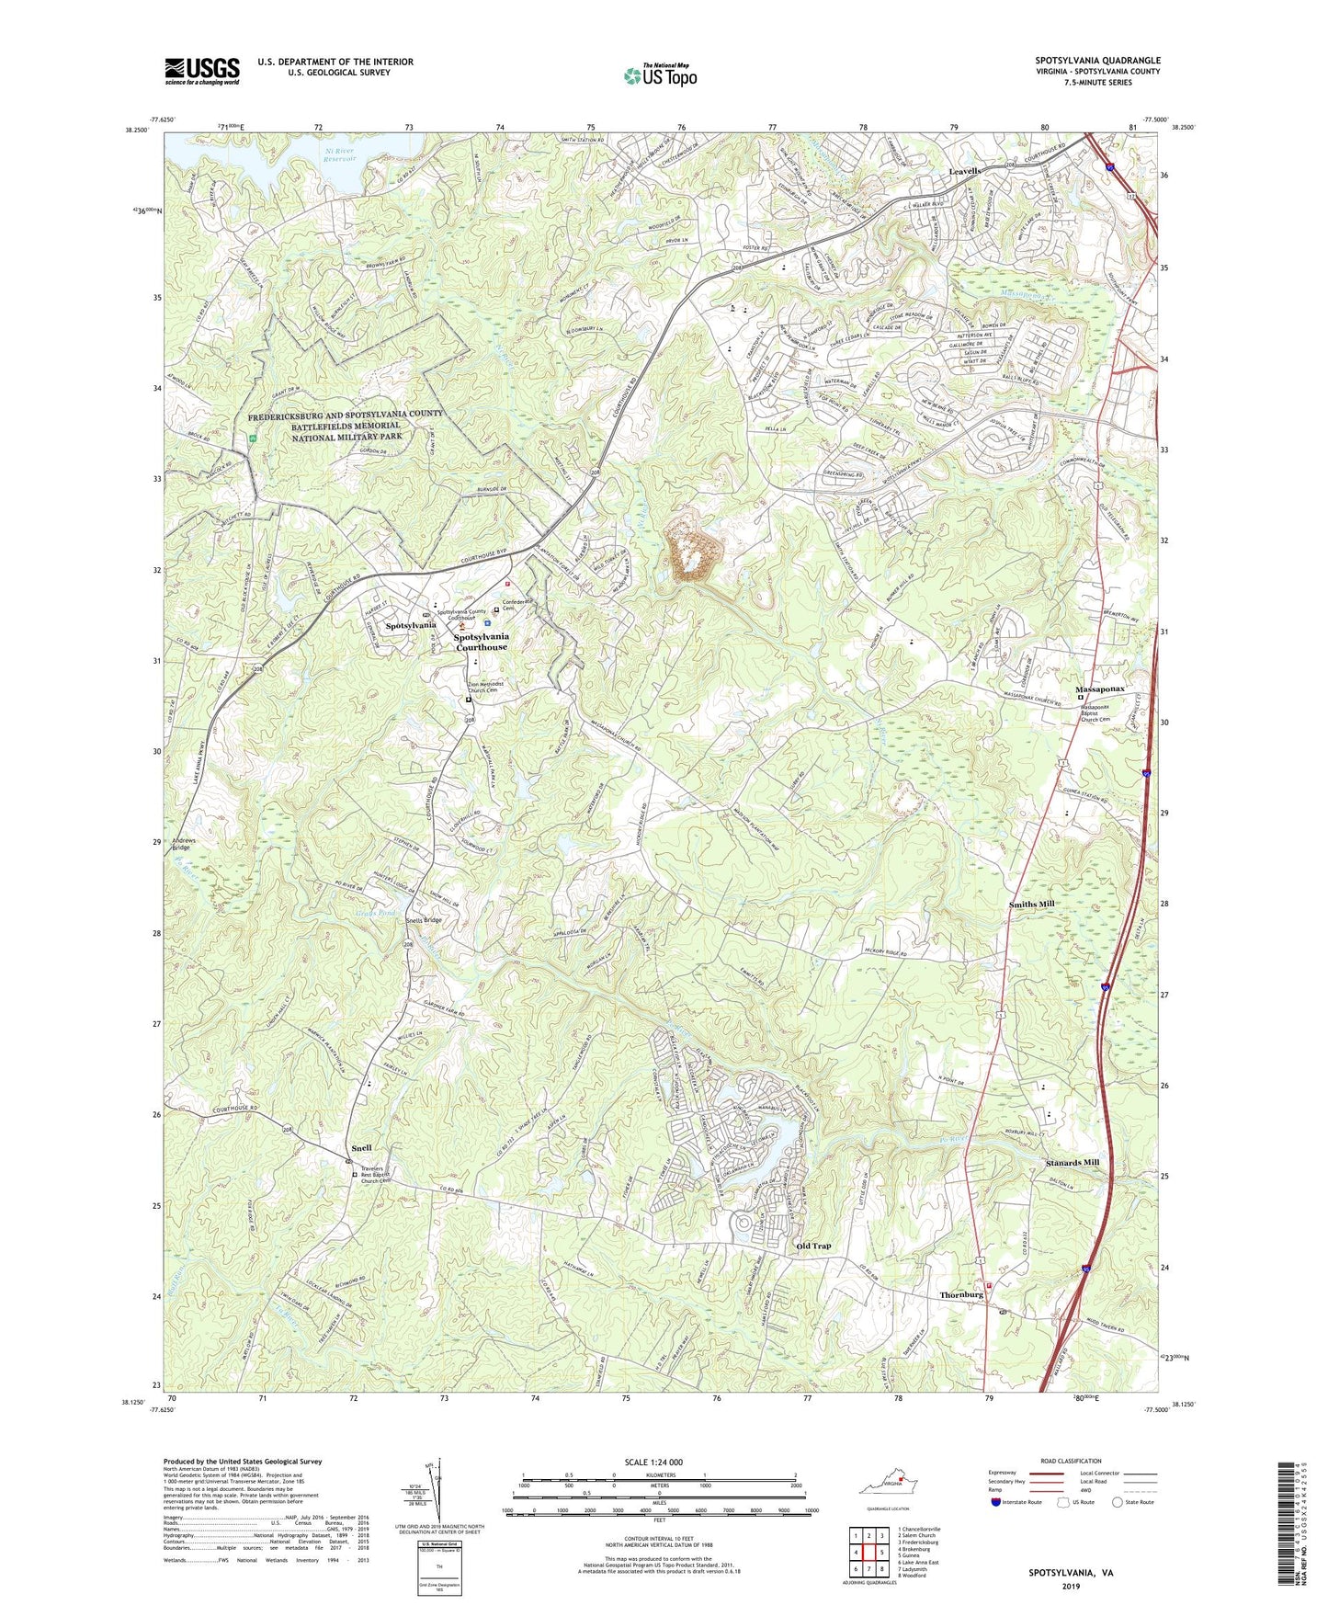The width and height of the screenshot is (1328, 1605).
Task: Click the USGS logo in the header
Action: (201, 71)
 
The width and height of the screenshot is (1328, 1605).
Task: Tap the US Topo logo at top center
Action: (659, 74)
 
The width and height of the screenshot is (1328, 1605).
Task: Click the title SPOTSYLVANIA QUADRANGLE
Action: (1097, 61)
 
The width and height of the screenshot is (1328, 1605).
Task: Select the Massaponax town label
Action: (1100, 689)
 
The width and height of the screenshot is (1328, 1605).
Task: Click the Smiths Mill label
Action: (1031, 904)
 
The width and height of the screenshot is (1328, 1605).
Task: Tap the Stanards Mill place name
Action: (1072, 1163)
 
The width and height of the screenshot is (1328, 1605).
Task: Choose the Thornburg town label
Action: (961, 1294)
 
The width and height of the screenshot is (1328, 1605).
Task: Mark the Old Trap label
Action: (812, 1246)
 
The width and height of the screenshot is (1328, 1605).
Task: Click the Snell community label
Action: (361, 1149)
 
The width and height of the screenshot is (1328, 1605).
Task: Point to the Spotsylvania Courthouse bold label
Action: (482, 642)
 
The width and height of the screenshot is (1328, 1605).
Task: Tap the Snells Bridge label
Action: (424, 920)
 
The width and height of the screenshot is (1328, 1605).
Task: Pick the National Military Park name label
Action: (346, 427)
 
